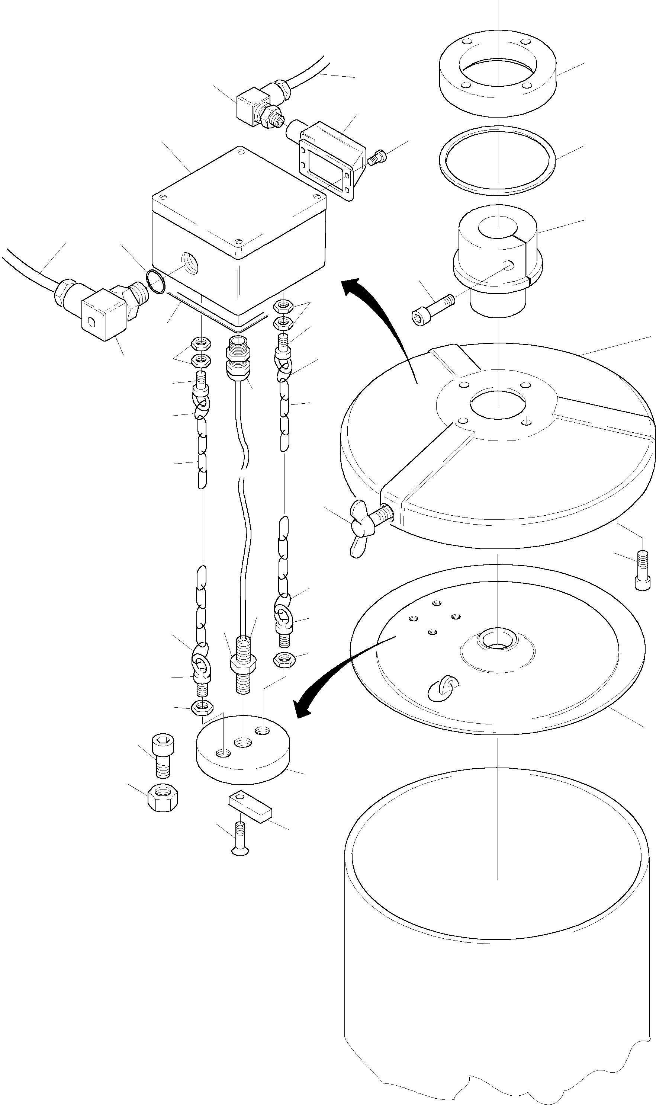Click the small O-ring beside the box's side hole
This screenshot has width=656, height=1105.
coord(155,282)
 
